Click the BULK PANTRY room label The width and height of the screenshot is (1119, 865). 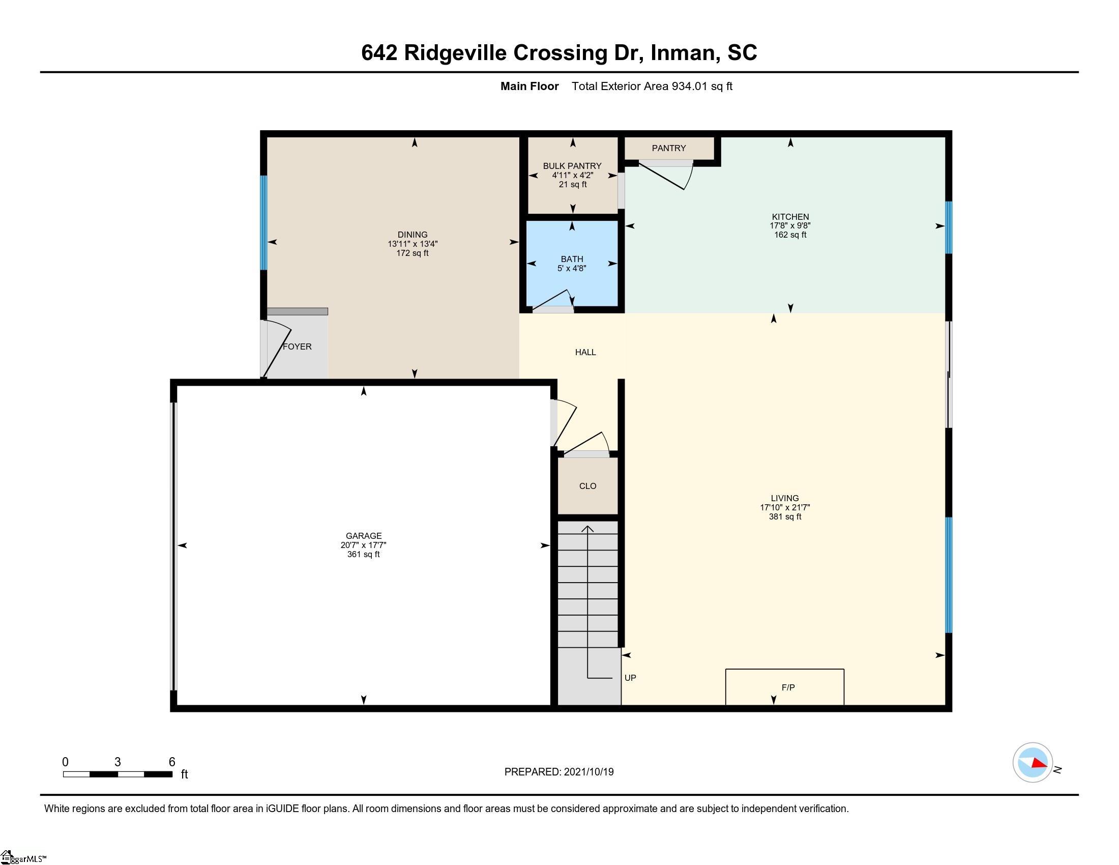[572, 166]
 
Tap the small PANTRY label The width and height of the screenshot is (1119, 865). [669, 148]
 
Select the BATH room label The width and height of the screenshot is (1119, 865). [572, 259]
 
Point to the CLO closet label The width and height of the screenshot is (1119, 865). [587, 486]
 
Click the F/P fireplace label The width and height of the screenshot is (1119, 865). [788, 687]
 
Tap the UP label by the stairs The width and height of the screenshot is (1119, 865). [630, 677]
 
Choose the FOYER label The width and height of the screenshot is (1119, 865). [297, 347]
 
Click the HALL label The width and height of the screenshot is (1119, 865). [585, 352]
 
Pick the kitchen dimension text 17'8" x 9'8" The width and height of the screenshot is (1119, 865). [790, 225]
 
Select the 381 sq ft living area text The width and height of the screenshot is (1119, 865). [785, 516]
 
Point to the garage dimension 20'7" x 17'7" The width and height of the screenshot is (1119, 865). [363, 545]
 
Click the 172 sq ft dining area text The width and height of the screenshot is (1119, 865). [413, 253]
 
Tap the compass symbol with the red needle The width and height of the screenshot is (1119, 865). [1033, 763]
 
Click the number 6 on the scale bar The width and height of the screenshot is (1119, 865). [172, 762]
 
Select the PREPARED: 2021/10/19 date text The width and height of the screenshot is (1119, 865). [559, 772]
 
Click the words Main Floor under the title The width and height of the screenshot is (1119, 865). [529, 86]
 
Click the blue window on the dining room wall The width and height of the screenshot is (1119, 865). [263, 223]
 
